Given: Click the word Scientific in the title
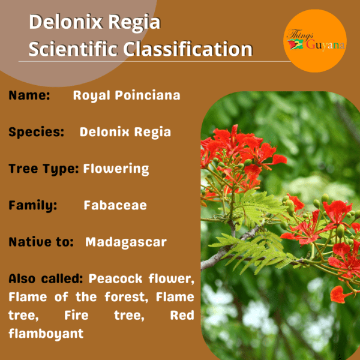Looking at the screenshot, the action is coord(73,49).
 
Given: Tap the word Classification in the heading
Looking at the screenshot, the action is coord(188,49).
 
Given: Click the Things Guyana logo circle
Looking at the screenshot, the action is coord(315,41).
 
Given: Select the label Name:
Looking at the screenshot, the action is coord(29,95).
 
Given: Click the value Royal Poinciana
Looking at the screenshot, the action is coord(127,96).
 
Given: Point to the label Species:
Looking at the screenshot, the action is coord(36,132).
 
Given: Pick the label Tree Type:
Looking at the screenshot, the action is coord(44,169).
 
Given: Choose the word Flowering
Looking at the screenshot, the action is coord(116,169).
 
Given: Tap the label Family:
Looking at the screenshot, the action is coord(32,205).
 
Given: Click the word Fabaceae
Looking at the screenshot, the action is coord(115,205).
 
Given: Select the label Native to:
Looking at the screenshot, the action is coord(41,242).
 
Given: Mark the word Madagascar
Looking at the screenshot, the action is coord(126,242).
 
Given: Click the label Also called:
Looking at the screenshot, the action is coord(46,279).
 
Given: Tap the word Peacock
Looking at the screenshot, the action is coord(115,279).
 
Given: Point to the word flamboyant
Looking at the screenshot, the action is coord(46,334).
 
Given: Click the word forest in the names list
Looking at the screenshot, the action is coord(126,297).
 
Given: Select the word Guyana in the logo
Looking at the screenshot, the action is coord(325,45).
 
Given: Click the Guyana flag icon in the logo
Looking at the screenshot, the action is coord(296,44).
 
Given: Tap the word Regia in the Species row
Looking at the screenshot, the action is coord(152,133).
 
